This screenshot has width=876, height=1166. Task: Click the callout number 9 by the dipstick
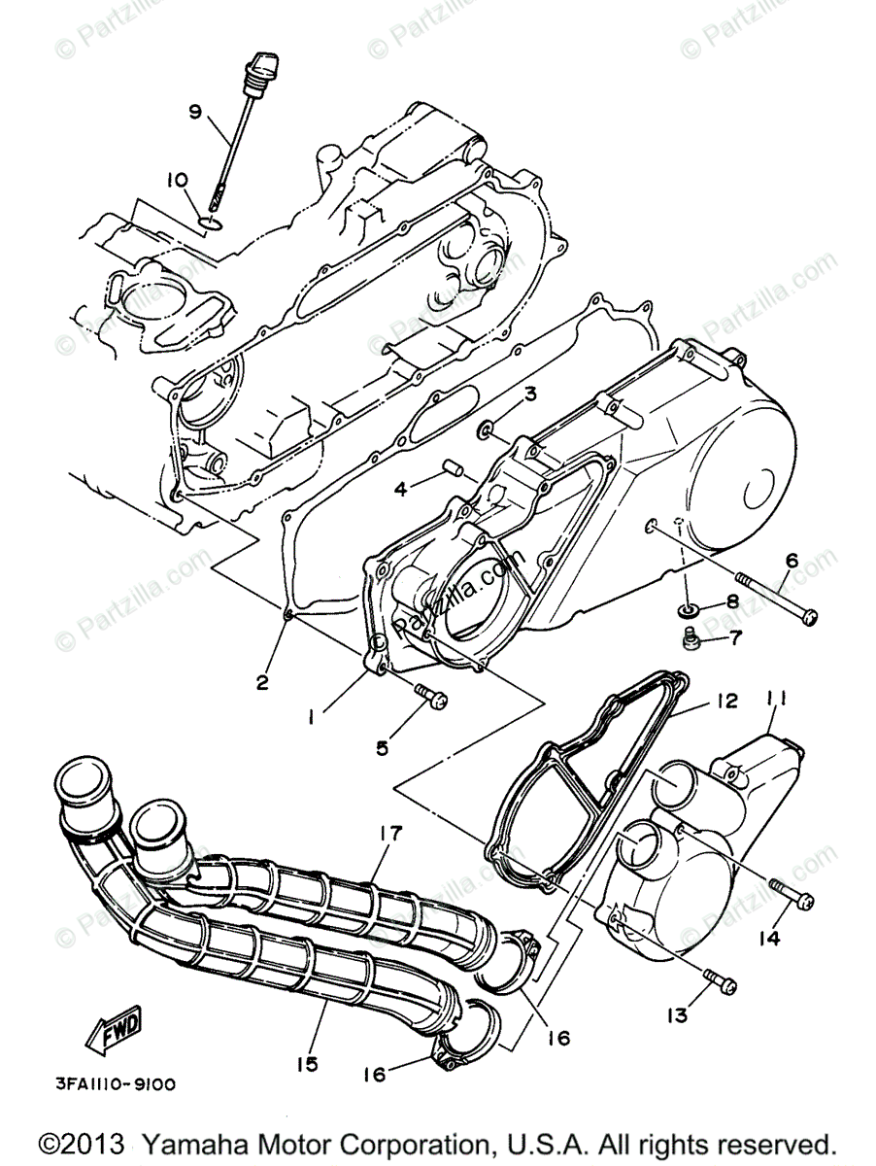point(194,112)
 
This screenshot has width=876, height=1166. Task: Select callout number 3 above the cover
point(530,394)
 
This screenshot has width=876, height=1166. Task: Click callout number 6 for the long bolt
point(791,561)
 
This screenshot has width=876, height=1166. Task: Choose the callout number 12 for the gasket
point(728,701)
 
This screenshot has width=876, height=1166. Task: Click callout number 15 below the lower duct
point(307,1065)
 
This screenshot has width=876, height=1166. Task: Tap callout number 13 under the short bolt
point(676,1014)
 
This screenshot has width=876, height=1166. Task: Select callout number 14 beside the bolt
point(770,939)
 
